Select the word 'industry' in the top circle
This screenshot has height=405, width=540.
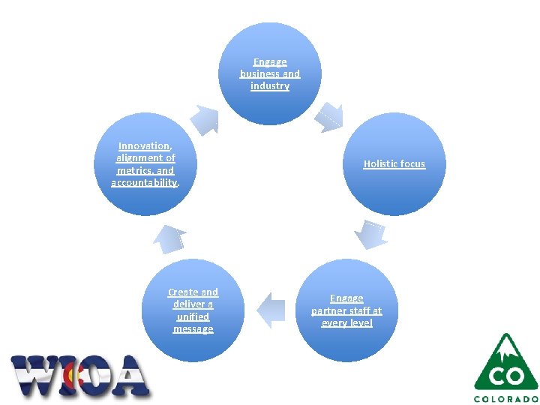[270, 86]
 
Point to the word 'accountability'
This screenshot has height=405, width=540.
[144, 182]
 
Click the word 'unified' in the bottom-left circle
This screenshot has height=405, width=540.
[193, 316]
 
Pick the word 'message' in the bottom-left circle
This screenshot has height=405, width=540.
[193, 329]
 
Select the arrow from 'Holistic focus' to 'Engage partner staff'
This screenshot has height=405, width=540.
[370, 235]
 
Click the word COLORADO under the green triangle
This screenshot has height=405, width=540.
[506, 398]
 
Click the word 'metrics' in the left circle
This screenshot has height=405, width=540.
[133, 170]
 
